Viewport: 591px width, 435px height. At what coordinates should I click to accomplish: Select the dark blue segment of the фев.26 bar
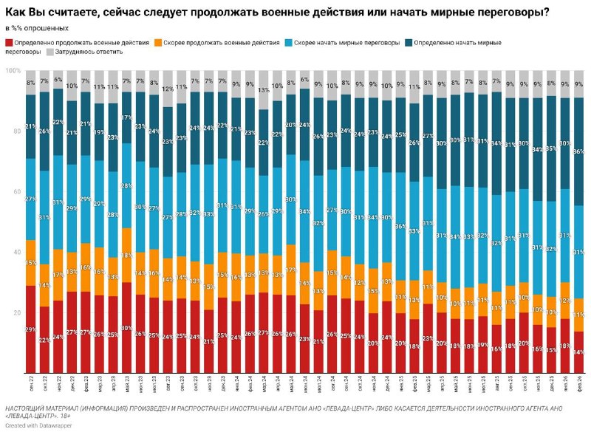click(x=579, y=151)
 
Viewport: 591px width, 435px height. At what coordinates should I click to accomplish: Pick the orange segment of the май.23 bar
click(x=127, y=255)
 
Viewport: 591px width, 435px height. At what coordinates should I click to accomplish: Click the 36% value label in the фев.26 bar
click(x=579, y=152)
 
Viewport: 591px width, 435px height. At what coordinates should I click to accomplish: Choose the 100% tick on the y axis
click(x=13, y=71)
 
